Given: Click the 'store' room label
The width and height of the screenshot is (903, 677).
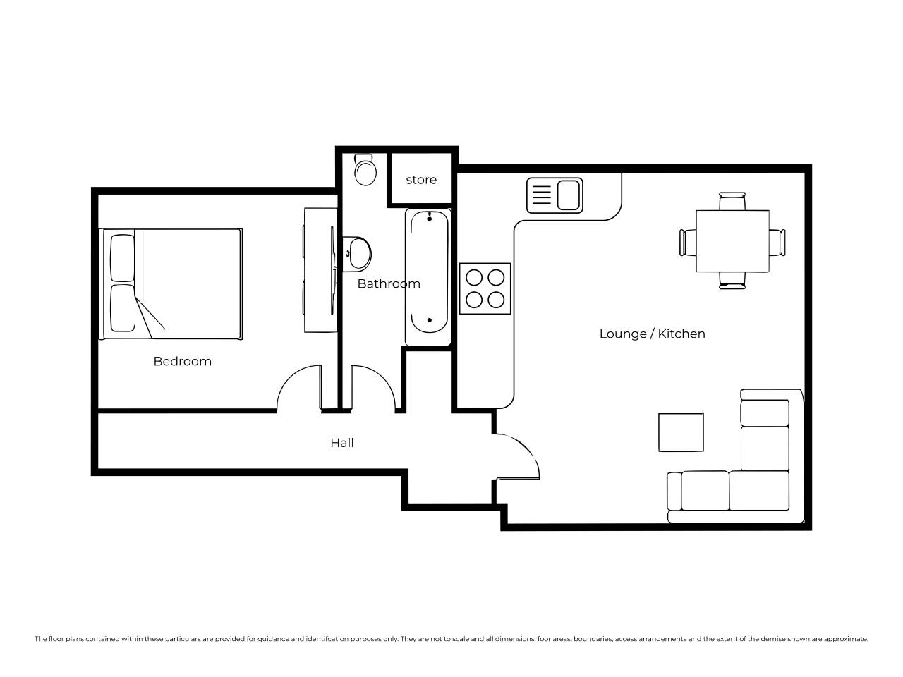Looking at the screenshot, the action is pyautogui.click(x=421, y=180).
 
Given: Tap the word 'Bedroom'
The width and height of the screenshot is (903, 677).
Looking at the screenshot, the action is pyautogui.click(x=182, y=361).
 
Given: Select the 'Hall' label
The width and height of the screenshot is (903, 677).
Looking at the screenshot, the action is pyautogui.click(x=342, y=443).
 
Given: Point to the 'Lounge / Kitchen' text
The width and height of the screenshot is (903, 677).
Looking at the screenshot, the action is pyautogui.click(x=652, y=334).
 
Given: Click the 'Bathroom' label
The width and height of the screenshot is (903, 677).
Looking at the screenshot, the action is pyautogui.click(x=389, y=283).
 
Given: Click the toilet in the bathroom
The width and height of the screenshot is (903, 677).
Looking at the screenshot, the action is pyautogui.click(x=365, y=169).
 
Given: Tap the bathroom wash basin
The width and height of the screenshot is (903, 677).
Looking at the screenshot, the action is pyautogui.click(x=357, y=254).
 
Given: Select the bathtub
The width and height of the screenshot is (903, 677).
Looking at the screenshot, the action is pyautogui.click(x=428, y=277).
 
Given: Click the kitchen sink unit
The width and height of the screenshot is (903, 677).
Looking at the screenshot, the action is pyautogui.click(x=554, y=195).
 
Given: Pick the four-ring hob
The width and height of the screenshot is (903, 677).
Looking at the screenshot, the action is pyautogui.click(x=485, y=288).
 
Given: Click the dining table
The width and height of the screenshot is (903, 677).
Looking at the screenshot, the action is pyautogui.click(x=732, y=241).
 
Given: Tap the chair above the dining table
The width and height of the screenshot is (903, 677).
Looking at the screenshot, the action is pyautogui.click(x=732, y=201).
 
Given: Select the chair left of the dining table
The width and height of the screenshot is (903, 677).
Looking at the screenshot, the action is pyautogui.click(x=688, y=243).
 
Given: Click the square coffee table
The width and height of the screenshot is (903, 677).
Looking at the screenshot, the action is pyautogui.click(x=681, y=432).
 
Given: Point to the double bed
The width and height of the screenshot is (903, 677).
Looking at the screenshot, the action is pyautogui.click(x=170, y=284).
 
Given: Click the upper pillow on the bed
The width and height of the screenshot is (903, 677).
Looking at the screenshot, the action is pyautogui.click(x=123, y=257).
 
